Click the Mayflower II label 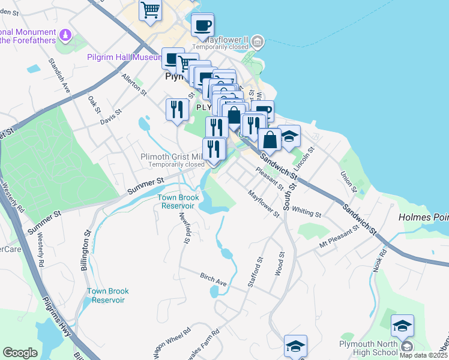[220, 36]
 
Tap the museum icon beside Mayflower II [258, 41]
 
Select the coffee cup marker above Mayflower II [202, 25]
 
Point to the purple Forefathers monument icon [65, 37]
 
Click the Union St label [348, 182]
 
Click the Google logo [20, 352]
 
